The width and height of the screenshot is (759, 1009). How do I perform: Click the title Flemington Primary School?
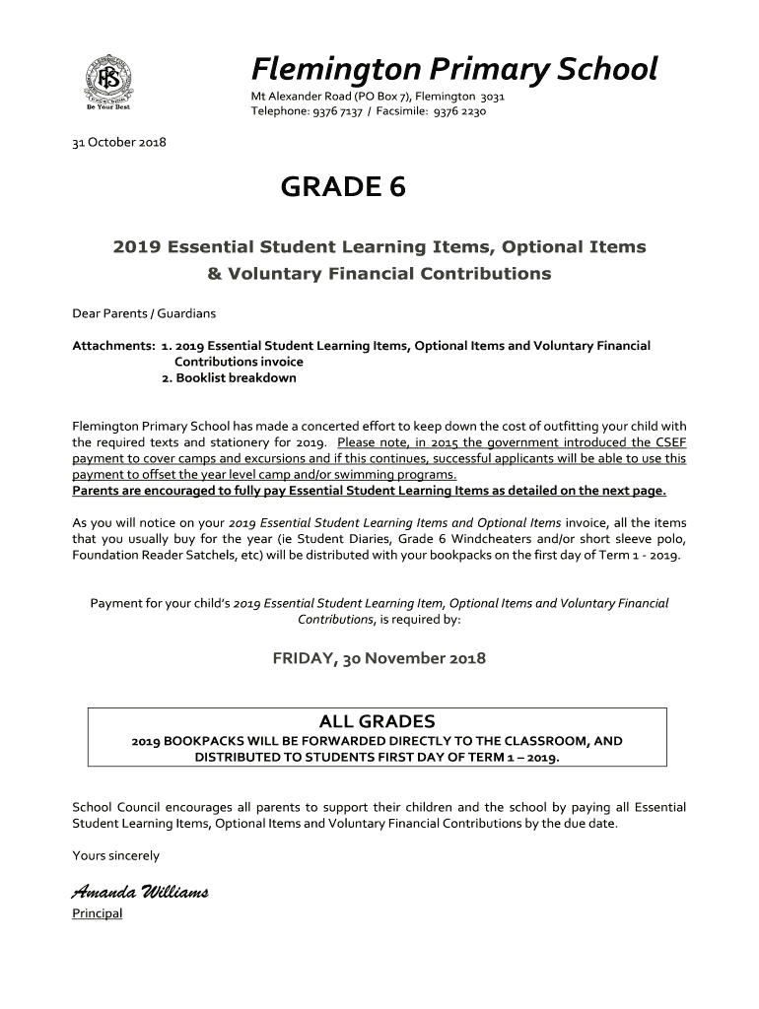[x=453, y=69]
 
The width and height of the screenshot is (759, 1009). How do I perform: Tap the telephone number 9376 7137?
[x=337, y=111]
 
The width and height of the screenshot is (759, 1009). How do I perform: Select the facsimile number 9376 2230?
[x=459, y=111]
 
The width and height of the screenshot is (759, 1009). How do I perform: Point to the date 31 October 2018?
[x=119, y=142]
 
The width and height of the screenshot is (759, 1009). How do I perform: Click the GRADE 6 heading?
[x=343, y=187]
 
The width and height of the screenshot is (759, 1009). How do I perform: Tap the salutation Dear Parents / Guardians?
[x=144, y=313]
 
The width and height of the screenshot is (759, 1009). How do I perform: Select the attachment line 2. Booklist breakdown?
[x=229, y=377]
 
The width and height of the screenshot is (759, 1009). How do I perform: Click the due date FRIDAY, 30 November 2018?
[x=379, y=658]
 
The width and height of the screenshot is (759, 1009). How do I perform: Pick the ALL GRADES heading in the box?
[x=378, y=721]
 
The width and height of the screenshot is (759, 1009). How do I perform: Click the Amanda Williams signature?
[x=139, y=893]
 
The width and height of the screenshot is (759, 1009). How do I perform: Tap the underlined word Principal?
[x=98, y=913]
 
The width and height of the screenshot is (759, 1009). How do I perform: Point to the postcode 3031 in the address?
[x=493, y=97]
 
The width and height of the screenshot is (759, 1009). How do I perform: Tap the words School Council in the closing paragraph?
[x=113, y=807]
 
